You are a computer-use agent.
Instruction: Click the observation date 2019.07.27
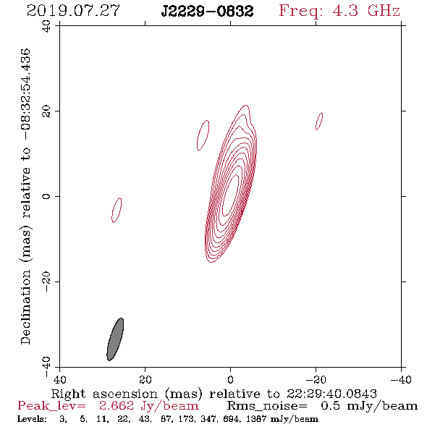tap(73, 11)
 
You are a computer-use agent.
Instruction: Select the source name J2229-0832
tap(207, 12)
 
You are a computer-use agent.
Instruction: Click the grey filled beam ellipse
tap(115, 339)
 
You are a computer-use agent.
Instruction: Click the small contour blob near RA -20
tap(319, 121)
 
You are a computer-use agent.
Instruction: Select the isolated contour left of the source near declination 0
tap(117, 210)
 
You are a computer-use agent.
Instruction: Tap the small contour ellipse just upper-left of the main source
tap(203, 135)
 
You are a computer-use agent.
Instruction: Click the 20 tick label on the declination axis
tap(46, 111)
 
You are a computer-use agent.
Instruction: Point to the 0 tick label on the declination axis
tap(46, 196)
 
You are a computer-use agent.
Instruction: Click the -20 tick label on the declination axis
tap(46, 282)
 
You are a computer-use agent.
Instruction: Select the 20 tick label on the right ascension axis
tap(145, 379)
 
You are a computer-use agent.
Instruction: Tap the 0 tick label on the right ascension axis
tap(230, 379)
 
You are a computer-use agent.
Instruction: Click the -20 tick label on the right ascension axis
tap(316, 379)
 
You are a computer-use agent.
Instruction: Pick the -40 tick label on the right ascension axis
tap(401, 379)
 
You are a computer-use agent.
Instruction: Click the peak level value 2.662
tap(117, 406)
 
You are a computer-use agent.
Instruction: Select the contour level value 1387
tap(256, 419)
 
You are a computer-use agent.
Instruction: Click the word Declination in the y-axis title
tap(25, 307)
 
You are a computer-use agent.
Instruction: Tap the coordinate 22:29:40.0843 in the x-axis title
tap(331, 394)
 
